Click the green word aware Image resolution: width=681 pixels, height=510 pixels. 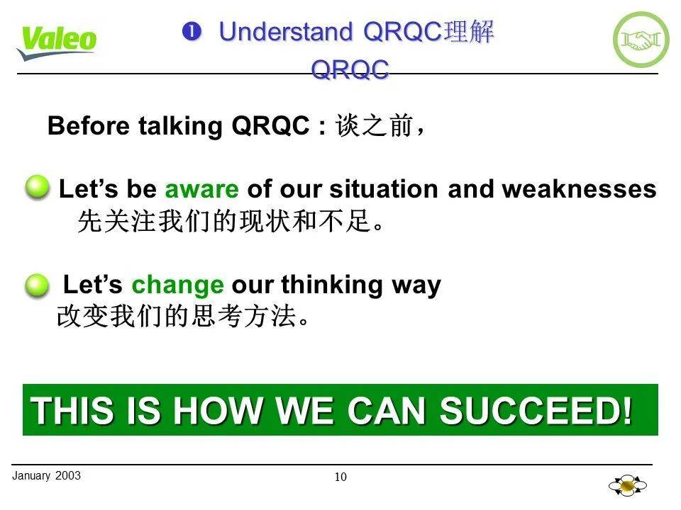point(201,190)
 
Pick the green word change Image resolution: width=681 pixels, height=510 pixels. point(177,285)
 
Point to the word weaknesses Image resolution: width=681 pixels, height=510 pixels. point(579,190)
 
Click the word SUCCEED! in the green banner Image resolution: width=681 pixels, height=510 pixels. point(536,410)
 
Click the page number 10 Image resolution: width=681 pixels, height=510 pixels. point(340,477)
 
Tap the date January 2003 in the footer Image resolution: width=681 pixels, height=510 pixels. point(47,475)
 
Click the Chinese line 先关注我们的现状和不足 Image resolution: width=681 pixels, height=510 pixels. point(231,222)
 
